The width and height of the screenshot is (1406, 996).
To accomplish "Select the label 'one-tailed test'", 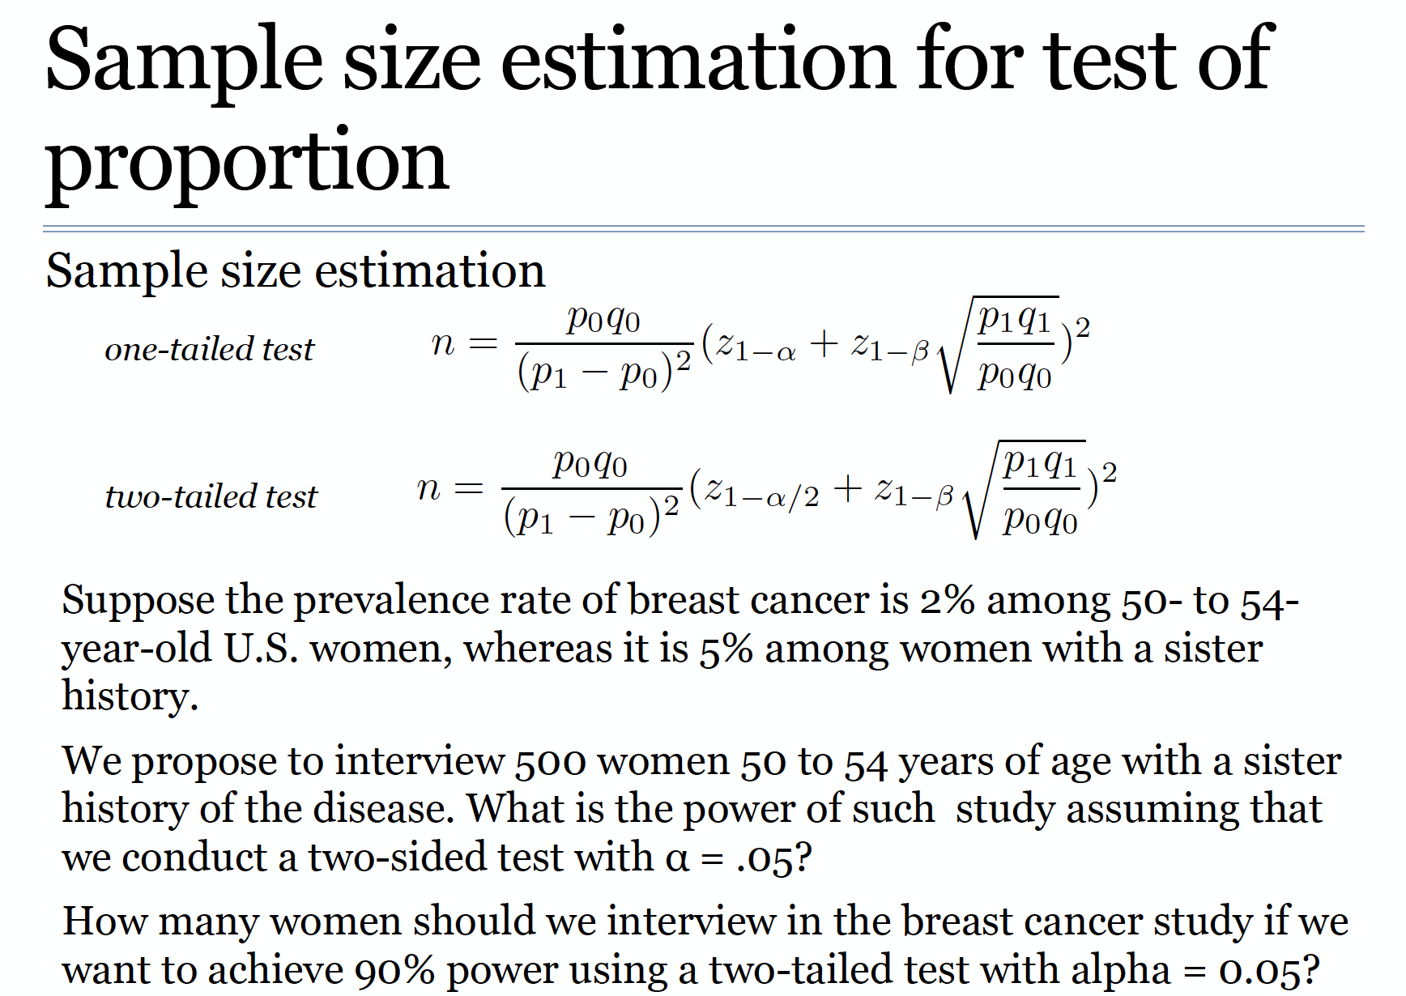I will coord(209,349).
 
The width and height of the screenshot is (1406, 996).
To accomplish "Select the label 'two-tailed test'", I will coord(211,496).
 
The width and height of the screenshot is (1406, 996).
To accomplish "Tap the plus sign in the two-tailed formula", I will coord(847,488).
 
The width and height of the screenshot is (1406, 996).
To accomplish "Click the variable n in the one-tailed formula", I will coord(443,344).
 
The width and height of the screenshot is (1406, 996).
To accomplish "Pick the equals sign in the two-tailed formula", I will coord(469,488).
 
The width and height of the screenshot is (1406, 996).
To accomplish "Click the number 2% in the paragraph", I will coord(946,601).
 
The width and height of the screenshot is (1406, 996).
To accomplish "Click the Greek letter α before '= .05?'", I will coord(677,859).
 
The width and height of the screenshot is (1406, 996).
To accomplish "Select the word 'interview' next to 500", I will coord(420,762).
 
